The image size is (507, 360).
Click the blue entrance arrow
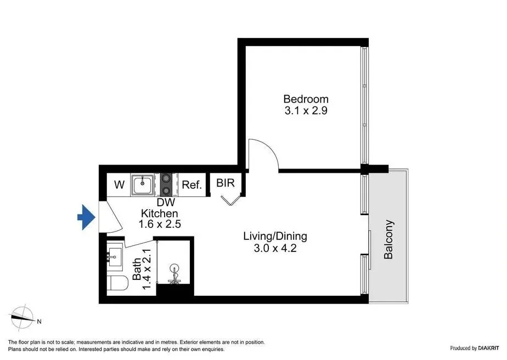87,217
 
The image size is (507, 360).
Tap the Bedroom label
306,99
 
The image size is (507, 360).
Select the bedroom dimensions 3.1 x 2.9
306,111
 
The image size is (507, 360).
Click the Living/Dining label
275,236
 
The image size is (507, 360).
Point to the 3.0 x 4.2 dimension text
275,249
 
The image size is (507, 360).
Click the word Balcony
388,239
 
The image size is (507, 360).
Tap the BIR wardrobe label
226,183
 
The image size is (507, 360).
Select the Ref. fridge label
191,185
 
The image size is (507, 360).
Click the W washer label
119,185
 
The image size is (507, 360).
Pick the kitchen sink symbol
142,185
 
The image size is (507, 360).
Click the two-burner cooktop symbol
166,185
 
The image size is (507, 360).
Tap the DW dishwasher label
166,203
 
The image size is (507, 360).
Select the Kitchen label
160,213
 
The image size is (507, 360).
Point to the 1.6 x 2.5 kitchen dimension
160,224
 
